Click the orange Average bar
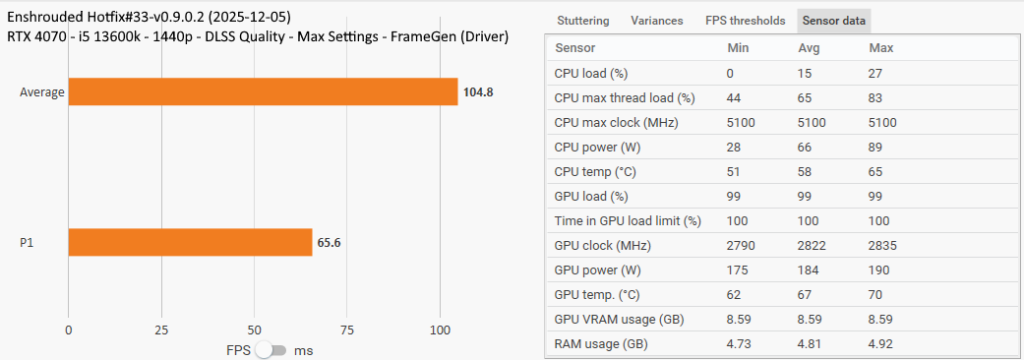pos(263,91)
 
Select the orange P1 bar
pos(190,242)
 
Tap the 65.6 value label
pos(330,242)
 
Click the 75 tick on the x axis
pos(347,330)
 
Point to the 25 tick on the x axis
pos(161,330)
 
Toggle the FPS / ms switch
pos(271,350)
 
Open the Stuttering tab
pos(582,21)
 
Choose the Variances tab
pos(656,21)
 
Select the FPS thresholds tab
pos(745,21)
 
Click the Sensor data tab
pos(833,21)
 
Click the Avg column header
pos(810,48)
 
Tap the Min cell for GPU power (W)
pos(740,270)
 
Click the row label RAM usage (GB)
pos(601,344)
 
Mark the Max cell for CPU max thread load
pos(876,98)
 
